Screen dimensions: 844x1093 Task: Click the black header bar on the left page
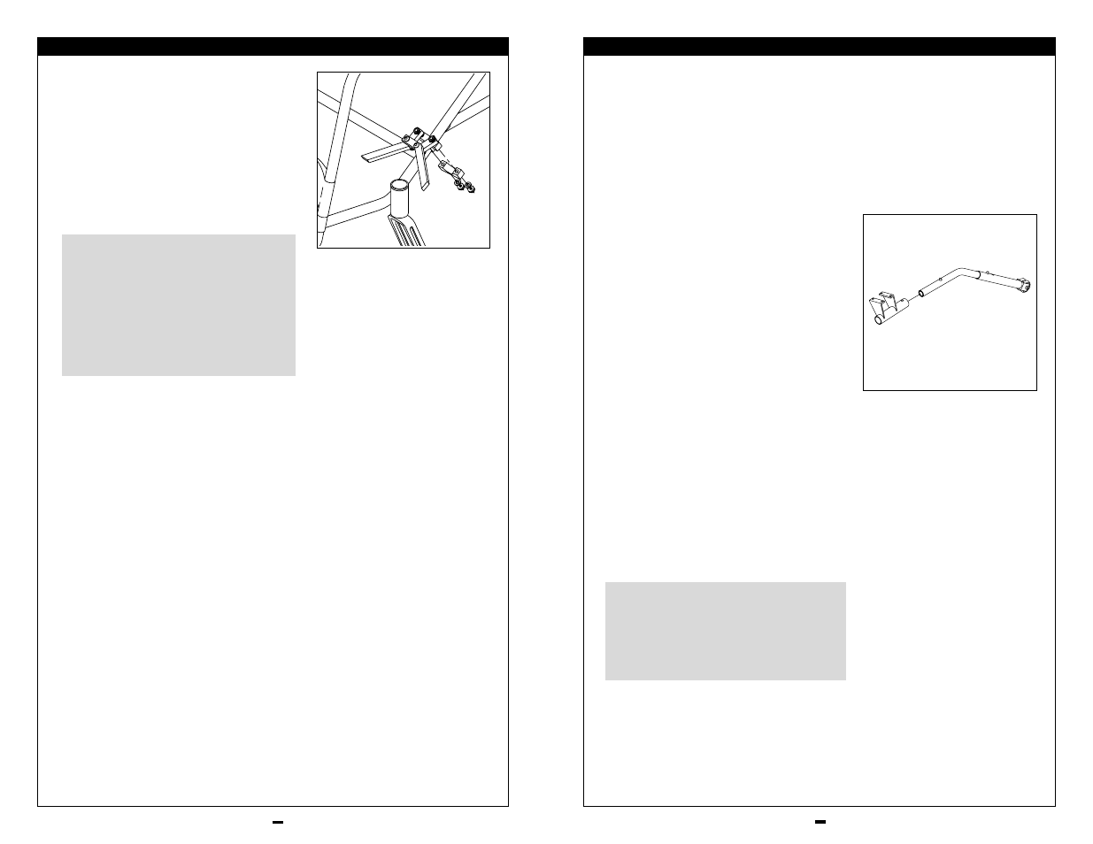[x=273, y=47]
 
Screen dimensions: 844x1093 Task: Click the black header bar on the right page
[x=819, y=47]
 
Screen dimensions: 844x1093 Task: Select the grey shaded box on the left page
[x=178, y=304]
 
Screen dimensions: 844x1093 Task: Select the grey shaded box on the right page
[x=725, y=631]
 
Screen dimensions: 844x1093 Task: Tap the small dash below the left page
[x=277, y=822]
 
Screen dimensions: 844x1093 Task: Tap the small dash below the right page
[x=820, y=822]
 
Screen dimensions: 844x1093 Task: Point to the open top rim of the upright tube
[x=401, y=186]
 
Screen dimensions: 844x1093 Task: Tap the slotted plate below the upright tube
[x=408, y=232]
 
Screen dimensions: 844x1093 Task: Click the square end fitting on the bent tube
[x=1024, y=286]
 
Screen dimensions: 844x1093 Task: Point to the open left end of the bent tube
[x=920, y=291]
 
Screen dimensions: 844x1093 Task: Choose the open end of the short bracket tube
[x=878, y=321]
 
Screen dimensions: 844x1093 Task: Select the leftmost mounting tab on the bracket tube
[x=869, y=302]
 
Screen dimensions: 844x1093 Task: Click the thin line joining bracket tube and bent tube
[x=912, y=297]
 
